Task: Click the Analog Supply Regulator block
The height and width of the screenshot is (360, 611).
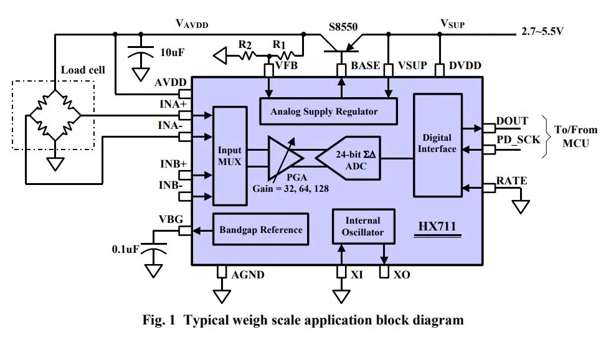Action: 328,111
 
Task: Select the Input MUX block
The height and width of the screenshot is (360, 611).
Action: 230,156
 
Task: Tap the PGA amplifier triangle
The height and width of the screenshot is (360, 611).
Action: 285,158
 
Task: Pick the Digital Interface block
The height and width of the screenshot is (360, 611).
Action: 438,145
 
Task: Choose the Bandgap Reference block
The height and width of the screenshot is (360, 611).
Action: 261,229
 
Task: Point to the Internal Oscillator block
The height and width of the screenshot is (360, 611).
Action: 364,226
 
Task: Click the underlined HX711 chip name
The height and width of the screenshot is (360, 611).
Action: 437,226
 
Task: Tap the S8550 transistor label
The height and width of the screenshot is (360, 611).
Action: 343,27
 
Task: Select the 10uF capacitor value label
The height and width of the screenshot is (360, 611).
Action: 173,52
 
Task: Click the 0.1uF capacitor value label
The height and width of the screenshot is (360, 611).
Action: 125,249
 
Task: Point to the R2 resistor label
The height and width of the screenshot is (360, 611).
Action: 245,45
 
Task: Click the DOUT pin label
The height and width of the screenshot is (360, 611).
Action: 512,121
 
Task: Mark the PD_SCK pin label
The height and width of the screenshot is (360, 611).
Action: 518,140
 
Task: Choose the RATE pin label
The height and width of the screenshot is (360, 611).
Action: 511,181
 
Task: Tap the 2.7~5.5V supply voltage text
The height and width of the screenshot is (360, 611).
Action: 542,31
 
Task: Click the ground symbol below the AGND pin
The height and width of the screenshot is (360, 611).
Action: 222,296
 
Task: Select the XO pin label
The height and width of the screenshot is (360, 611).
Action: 402,275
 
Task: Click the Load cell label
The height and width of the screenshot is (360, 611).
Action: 83,70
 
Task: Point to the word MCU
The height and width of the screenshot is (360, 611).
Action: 575,143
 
